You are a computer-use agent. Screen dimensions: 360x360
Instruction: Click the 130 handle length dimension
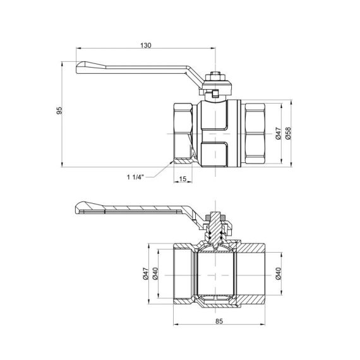point(146,45)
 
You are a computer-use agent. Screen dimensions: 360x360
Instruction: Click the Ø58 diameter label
point(289,133)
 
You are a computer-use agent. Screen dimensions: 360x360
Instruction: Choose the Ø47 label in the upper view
point(277,133)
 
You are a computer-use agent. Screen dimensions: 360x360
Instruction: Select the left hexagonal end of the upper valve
point(184,133)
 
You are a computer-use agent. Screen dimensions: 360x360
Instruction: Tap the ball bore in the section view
point(215,275)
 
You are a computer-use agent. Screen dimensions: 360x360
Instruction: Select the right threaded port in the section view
point(256,275)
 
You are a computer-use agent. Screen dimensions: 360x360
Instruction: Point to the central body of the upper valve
point(215,133)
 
